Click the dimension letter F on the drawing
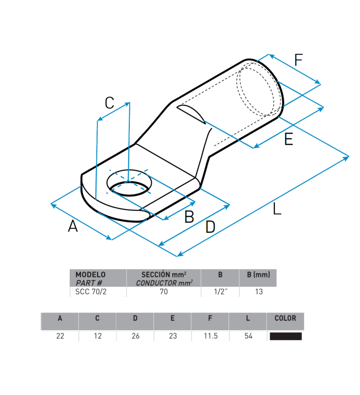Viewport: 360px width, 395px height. (298, 60)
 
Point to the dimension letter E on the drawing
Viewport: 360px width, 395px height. (289, 139)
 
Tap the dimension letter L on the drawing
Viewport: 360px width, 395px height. (277, 209)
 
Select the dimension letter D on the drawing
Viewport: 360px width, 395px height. (210, 227)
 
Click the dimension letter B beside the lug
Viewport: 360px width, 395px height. (189, 217)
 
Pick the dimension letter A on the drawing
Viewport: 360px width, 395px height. (73, 226)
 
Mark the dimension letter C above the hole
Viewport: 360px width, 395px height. (110, 103)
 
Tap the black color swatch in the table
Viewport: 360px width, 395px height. (285, 336)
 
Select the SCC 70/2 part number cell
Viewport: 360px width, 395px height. (91, 292)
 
